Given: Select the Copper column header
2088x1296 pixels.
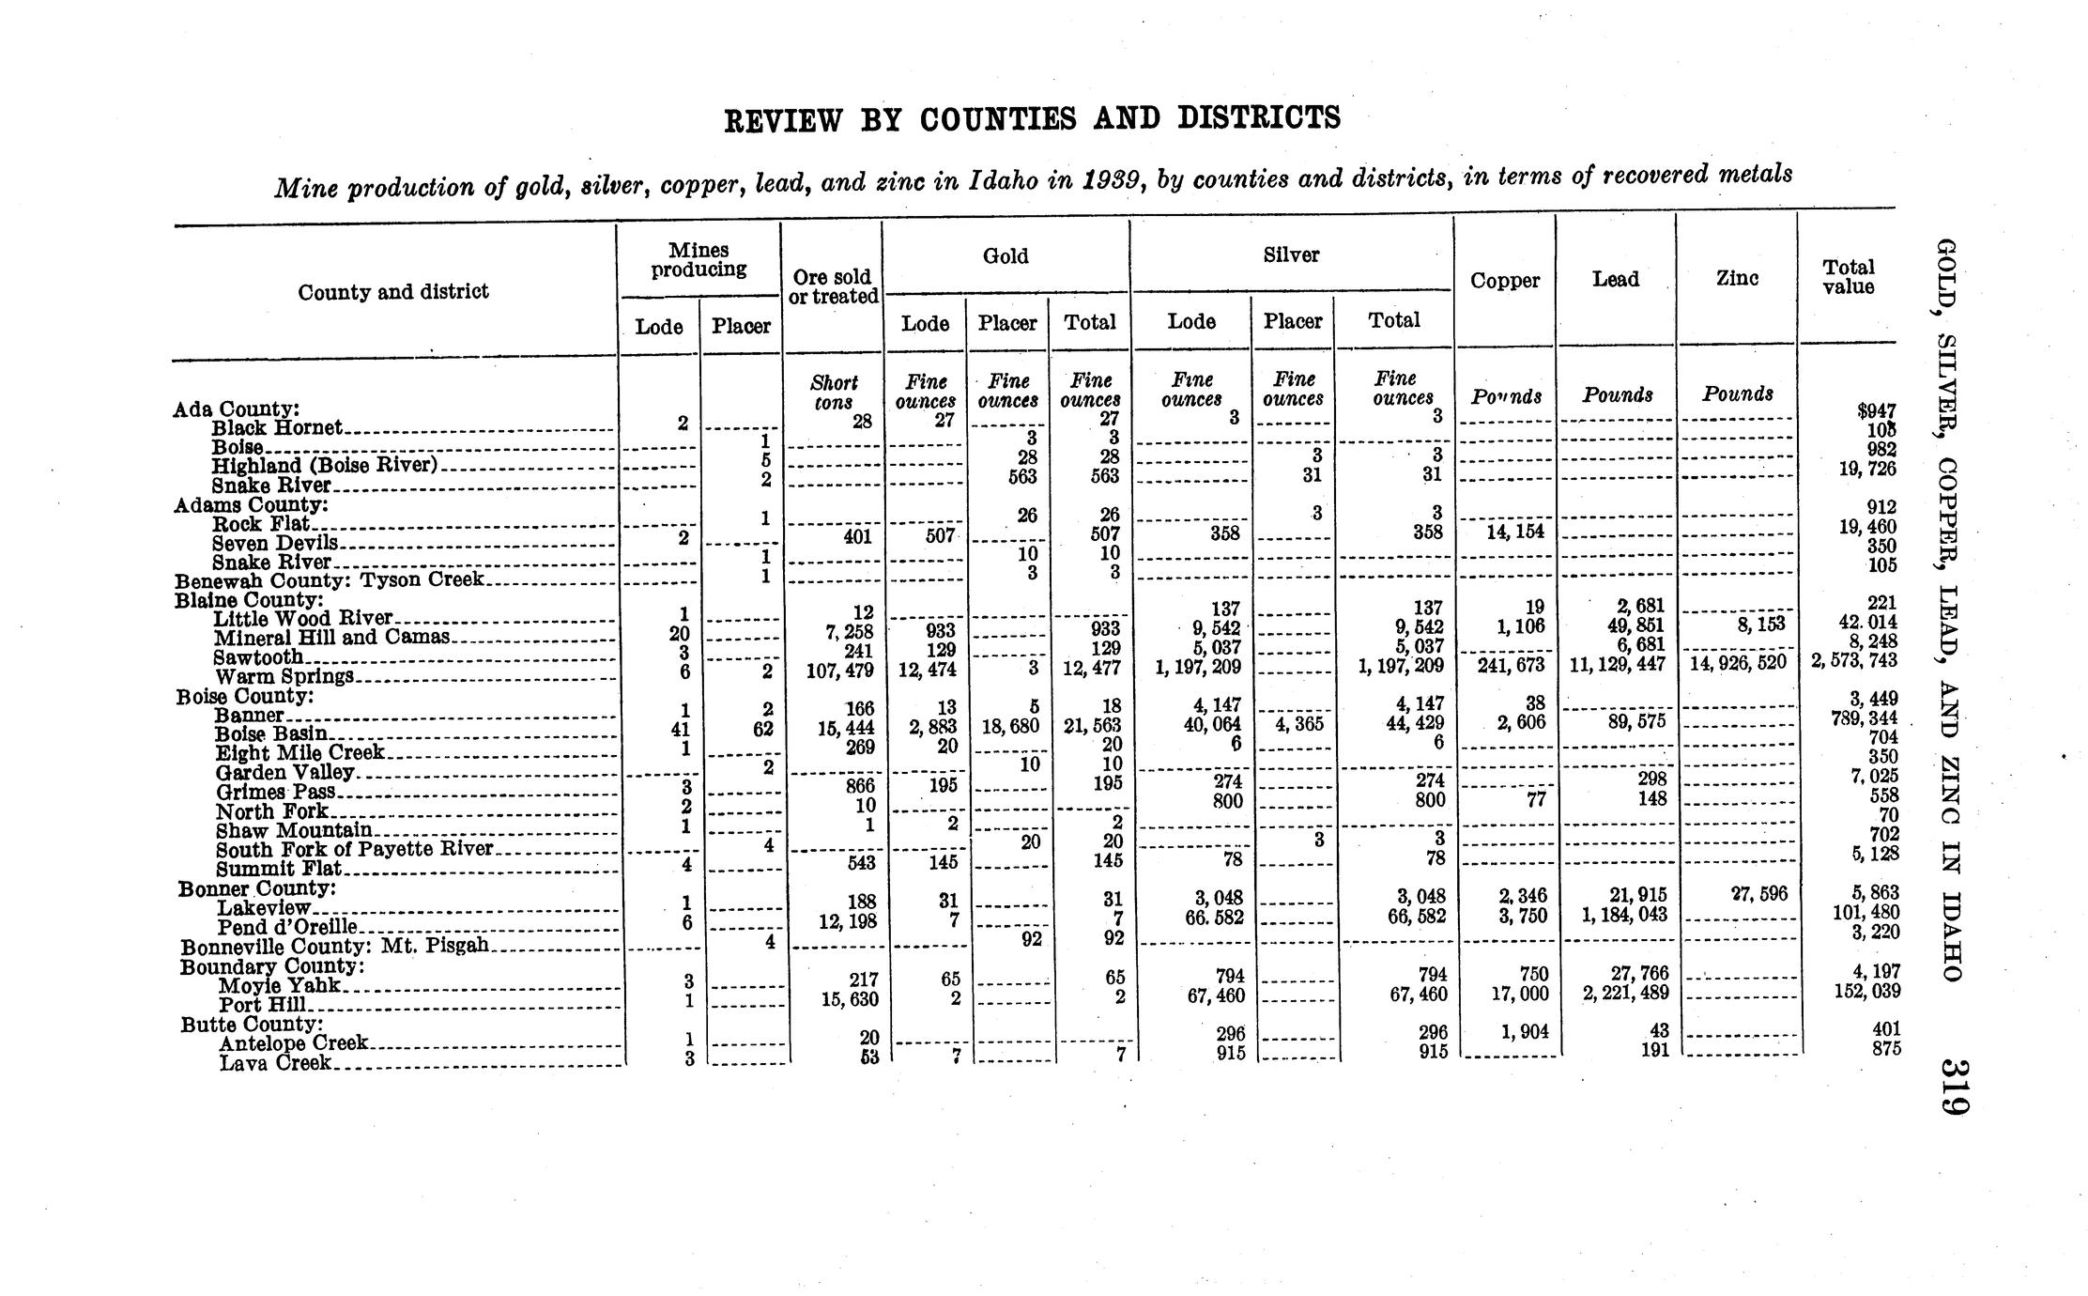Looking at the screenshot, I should pos(1505,281).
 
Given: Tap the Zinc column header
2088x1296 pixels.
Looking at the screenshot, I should pos(1737,278).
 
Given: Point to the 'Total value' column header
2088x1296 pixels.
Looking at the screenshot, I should pos(1849,277).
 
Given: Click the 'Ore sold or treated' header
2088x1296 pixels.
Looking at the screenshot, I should pos(833,286).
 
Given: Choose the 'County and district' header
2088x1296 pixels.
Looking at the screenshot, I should pos(393,292).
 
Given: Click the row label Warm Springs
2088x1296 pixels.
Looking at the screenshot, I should pos(284,677).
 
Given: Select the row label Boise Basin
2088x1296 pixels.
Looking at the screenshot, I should pos(271,734).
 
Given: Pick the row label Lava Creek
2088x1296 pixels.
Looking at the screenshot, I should pos(275,1063).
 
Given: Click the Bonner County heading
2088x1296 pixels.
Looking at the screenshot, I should pos(257,888).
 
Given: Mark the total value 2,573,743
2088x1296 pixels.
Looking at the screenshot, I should pos(1854,660).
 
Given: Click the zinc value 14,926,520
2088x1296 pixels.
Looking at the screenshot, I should pos(1738,663).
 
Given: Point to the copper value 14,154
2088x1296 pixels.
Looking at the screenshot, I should pos(1515,532).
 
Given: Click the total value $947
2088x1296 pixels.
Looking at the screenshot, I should pos(1876,410).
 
